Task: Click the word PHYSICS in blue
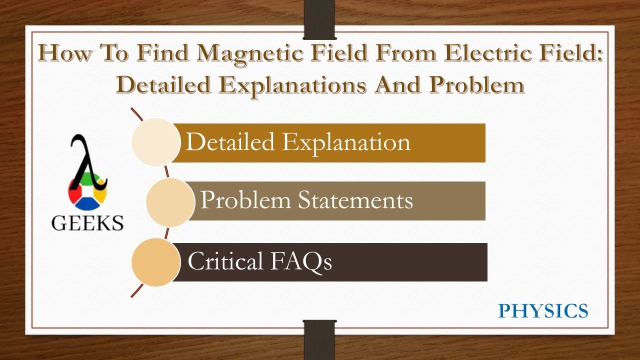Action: click(543, 311)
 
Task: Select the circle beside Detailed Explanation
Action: click(155, 142)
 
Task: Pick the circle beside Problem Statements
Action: click(170, 201)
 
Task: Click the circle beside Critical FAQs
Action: click(155, 262)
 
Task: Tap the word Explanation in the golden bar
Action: click(346, 142)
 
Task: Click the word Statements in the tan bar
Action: click(355, 200)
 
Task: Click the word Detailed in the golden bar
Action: click(230, 142)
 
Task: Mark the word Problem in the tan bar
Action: click(245, 200)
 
